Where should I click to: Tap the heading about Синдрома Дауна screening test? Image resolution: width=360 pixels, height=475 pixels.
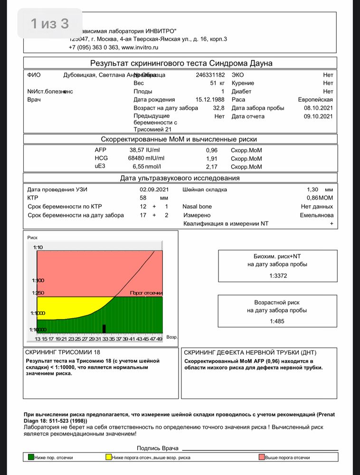[x=181, y=63]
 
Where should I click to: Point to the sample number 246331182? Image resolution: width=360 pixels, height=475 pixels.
[x=210, y=75]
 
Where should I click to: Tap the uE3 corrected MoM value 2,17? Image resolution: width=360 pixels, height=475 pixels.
[x=211, y=167]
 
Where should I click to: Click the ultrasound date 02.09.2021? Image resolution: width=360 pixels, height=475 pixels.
[x=149, y=190]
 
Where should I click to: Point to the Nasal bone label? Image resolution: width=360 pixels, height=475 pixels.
[x=197, y=207]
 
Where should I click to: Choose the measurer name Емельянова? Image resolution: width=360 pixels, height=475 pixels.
[x=317, y=215]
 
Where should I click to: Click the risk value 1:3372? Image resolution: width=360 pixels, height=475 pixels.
[x=278, y=275]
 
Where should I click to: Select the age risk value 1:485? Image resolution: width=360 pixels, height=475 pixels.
[x=278, y=322]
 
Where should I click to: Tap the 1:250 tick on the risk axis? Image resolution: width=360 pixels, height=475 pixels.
[x=38, y=293]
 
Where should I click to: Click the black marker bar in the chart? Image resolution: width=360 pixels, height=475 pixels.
[x=104, y=329]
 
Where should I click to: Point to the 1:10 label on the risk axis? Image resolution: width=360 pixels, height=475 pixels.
[x=38, y=247]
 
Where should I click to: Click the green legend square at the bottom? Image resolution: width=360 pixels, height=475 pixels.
[x=31, y=457]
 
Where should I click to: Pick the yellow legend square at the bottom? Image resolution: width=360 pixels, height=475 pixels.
[x=108, y=457]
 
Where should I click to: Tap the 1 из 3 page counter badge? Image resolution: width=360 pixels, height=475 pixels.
[x=49, y=23]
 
